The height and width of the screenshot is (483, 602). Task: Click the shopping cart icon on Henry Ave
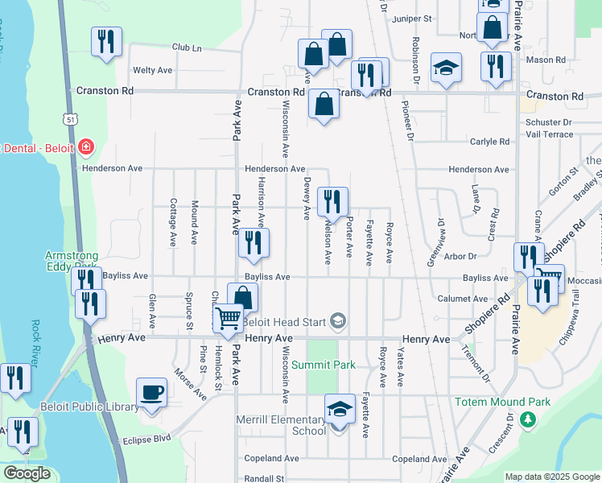(x=229, y=319)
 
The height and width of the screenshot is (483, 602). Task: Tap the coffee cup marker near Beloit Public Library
(x=152, y=393)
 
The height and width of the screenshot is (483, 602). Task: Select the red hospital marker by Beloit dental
(x=86, y=148)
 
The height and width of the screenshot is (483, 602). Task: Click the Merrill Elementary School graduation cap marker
(x=340, y=410)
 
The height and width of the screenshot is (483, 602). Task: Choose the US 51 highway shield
(x=72, y=119)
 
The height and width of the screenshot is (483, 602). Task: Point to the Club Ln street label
(x=186, y=47)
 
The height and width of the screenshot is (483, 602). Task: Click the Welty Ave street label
(x=153, y=70)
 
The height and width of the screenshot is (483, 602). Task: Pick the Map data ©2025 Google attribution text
(x=552, y=477)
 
